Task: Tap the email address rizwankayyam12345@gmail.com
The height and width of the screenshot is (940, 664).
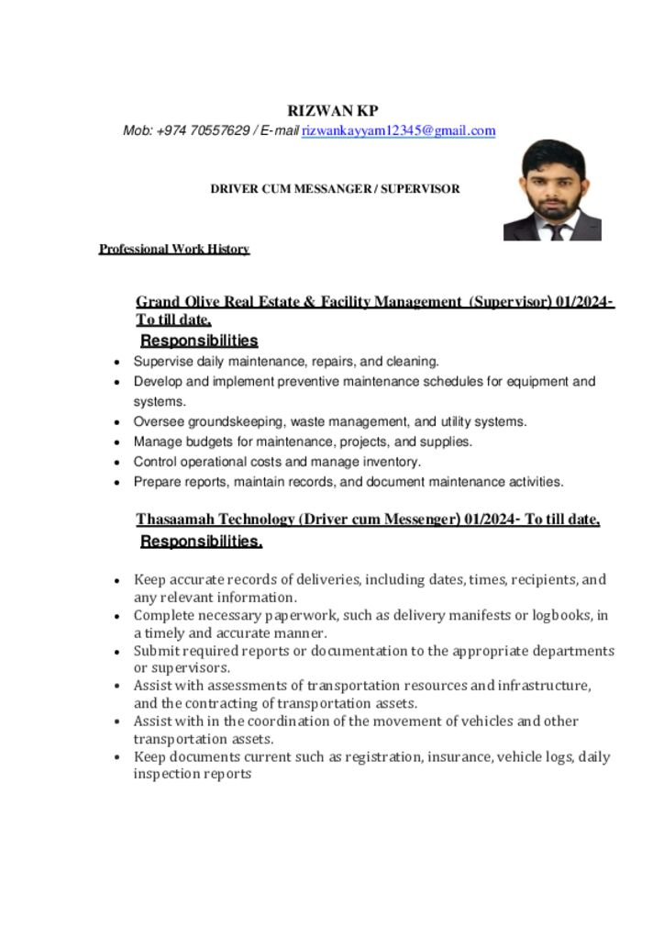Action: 399,131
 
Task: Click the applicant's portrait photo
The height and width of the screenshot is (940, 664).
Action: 552,190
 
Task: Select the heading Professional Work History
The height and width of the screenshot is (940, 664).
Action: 174,249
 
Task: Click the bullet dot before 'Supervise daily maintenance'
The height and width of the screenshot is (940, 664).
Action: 117,363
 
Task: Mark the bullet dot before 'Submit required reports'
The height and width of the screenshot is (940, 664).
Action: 117,652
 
